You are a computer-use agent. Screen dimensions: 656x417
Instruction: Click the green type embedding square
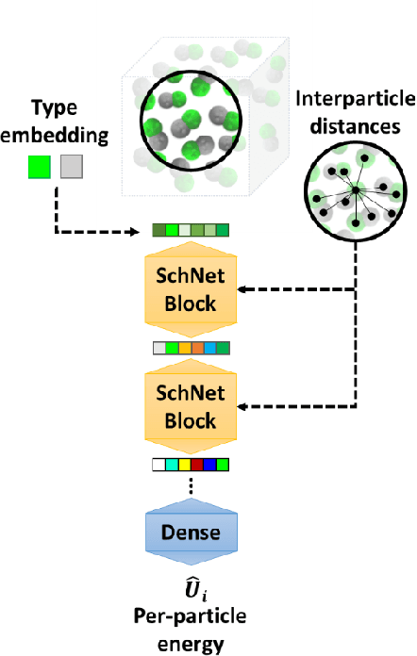coord(38,168)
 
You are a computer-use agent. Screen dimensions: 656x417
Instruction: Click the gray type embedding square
coord(72,168)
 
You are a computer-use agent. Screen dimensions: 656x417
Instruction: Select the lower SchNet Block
coord(191,406)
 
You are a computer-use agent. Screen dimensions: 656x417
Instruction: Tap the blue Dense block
coord(191,533)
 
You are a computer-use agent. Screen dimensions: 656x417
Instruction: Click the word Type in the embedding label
coord(54,108)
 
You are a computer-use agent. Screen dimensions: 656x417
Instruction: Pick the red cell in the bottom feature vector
coord(196,464)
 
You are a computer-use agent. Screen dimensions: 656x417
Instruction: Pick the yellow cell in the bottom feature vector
coord(184,464)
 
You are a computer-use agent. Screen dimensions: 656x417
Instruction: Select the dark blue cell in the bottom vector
coord(208,464)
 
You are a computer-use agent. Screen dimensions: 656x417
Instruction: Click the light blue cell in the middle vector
coord(208,348)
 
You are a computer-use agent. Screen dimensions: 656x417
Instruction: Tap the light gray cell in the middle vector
coord(159,348)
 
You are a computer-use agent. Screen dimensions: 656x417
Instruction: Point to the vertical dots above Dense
coord(191,486)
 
